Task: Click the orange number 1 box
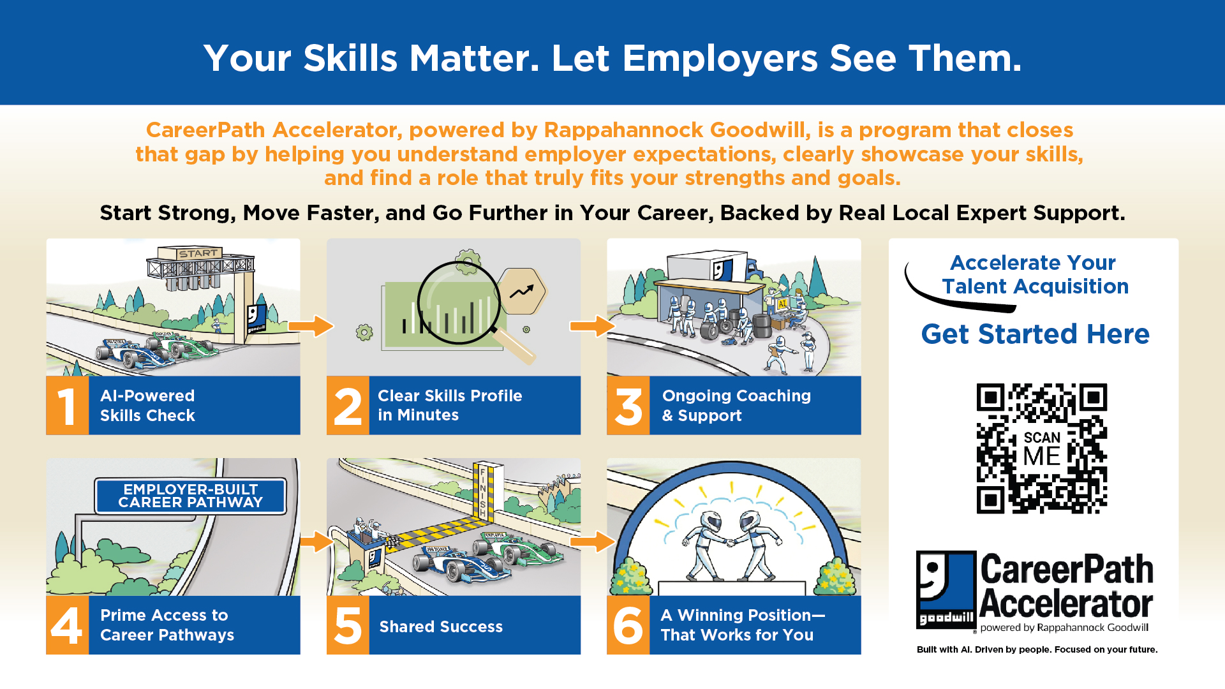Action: tap(67, 406)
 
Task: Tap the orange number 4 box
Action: tap(67, 625)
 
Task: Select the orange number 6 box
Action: tap(628, 625)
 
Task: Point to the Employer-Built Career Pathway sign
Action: tap(190, 496)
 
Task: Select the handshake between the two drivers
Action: tap(730, 543)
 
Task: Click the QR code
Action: tap(1041, 448)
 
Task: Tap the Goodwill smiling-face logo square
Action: tap(946, 590)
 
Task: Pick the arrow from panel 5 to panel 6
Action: tap(592, 542)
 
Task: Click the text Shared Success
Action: tap(441, 626)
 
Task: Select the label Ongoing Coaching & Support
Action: tap(736, 406)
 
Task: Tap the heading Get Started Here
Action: tap(1035, 334)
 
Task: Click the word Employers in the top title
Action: tap(720, 59)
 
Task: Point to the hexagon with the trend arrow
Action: tap(523, 291)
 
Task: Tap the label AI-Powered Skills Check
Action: tap(147, 406)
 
